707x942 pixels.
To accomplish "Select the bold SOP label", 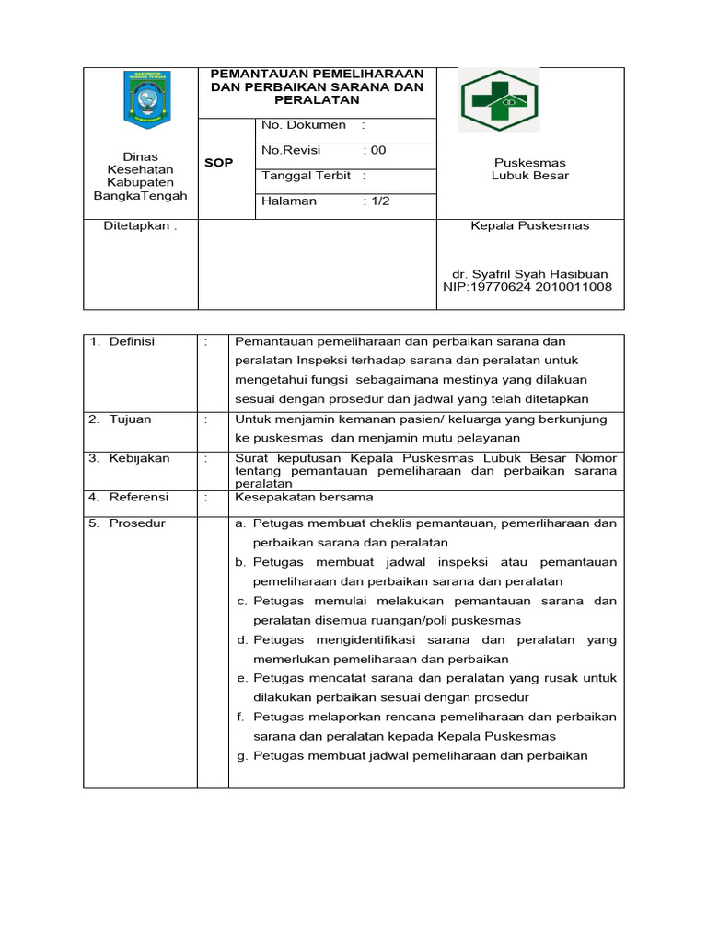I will point(218,163).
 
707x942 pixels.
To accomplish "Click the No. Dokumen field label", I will point(304,125).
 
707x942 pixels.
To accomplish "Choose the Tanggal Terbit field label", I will point(307,176).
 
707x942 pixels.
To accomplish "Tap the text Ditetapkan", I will point(138,226).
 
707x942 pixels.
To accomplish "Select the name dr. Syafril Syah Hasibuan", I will point(529,274).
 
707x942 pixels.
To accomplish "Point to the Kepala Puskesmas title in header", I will point(530,225).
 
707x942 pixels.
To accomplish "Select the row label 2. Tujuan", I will point(121,419).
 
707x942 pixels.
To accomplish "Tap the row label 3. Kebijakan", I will point(130,458).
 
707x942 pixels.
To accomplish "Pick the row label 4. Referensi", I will point(129,497).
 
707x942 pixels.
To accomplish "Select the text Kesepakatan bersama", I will point(305,497).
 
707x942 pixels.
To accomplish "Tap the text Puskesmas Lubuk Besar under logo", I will point(529,169).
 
